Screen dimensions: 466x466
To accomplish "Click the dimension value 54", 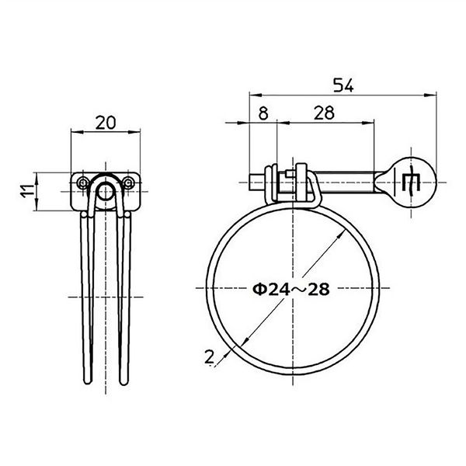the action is tap(343, 85).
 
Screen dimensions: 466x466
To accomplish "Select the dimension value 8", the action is tap(263, 113).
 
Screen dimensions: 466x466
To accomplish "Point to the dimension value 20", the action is tap(106, 123).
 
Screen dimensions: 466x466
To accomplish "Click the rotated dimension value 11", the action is tap(27, 191).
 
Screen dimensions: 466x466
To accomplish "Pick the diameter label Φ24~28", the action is tap(291, 289).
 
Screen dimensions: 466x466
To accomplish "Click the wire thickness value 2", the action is tap(209, 356).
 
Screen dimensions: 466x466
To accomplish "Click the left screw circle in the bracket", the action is tap(82, 183).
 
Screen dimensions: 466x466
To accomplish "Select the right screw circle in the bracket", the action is tap(128, 183).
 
